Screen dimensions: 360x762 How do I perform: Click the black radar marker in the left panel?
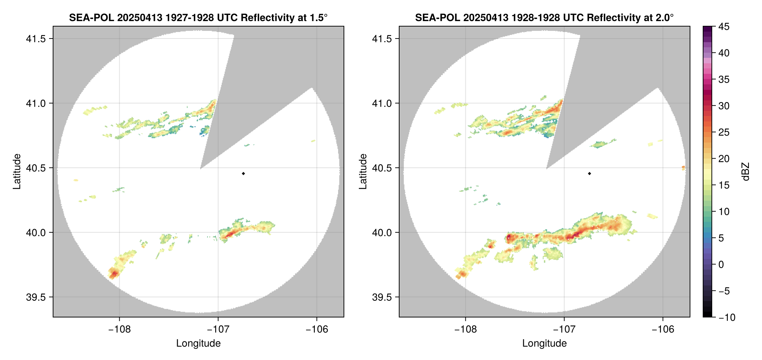243,173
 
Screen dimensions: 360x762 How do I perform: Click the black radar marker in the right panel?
589,173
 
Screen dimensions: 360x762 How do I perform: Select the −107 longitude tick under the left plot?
218,329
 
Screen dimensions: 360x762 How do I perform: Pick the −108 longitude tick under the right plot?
465,329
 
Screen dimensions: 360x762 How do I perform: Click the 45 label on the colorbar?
724,27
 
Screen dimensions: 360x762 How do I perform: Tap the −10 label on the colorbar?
727,317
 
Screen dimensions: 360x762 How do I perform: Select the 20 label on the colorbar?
724,159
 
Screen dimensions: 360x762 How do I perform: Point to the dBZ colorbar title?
746,172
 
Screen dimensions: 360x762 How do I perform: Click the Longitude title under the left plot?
198,343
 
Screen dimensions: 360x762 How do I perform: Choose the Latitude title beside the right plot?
363,172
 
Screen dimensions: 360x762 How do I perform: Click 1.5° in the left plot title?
319,17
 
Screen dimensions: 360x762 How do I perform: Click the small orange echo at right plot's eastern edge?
683,168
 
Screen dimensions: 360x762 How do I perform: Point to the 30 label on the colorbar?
724,106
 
